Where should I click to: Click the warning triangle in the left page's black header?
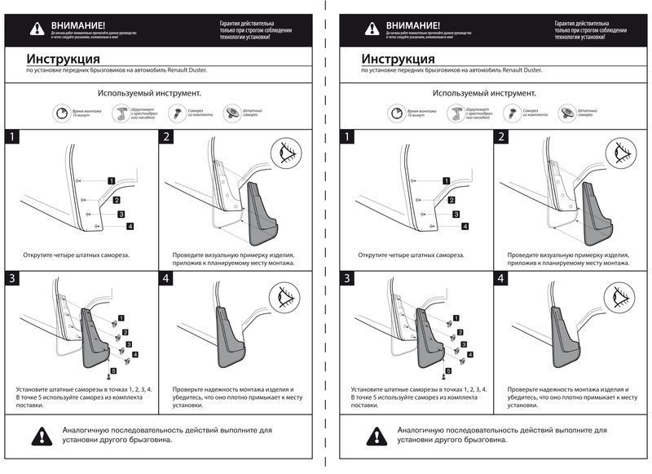37,29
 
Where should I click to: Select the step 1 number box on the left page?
12,138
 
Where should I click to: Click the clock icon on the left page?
64,113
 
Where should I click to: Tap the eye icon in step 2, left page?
286,152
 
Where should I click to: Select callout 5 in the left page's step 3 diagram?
113,371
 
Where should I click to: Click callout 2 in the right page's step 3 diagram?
460,332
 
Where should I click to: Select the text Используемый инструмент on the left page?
150,93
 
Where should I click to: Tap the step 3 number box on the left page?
12,279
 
